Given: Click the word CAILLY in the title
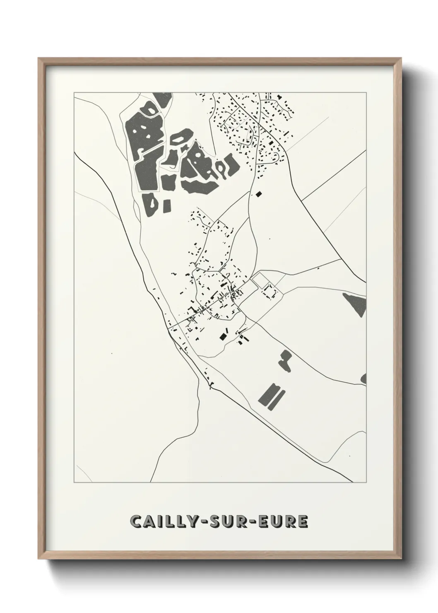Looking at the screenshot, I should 162,521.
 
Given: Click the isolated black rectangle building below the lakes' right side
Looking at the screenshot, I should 260,193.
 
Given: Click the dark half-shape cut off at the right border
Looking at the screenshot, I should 364,378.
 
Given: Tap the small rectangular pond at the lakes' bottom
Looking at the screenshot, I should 167,205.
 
